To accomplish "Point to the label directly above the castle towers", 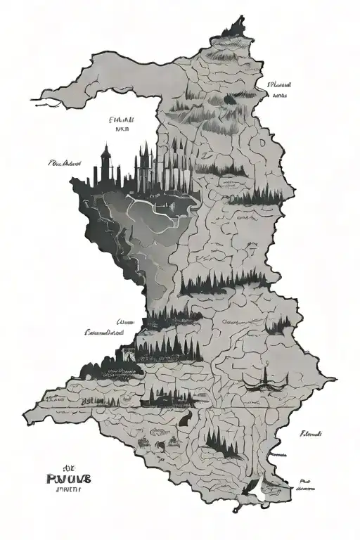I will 124,124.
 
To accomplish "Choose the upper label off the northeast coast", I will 279,84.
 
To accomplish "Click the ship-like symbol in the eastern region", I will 266,380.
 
